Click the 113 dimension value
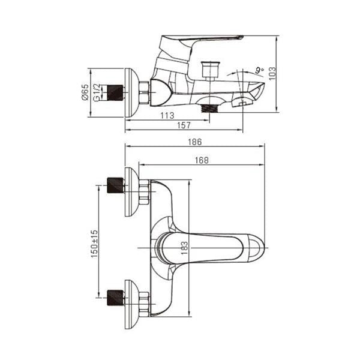pyautogui.click(x=167, y=115)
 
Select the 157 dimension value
pyautogui.click(x=184, y=125)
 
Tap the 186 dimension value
pyautogui.click(x=195, y=142)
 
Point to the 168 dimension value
pyautogui.click(x=202, y=160)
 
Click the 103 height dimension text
pyautogui.click(x=272, y=73)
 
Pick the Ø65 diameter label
pyautogui.click(x=85, y=92)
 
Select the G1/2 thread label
pyautogui.click(x=97, y=92)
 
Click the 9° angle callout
pyautogui.click(x=260, y=70)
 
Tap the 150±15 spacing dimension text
pyautogui.click(x=94, y=244)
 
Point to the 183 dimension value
pyautogui.click(x=184, y=248)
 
